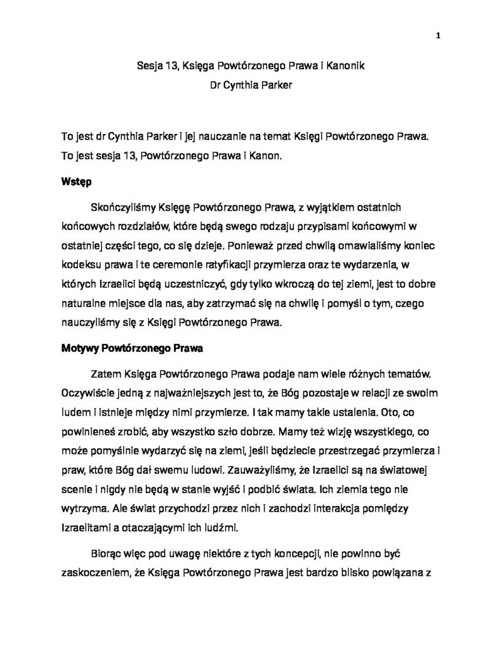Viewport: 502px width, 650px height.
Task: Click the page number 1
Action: pos(439,35)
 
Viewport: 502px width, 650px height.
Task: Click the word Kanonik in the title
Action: pos(345,65)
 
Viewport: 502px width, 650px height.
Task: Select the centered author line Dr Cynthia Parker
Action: pos(251,86)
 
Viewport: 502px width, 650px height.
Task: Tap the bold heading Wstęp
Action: pos(76,182)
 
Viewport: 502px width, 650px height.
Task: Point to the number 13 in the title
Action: pos(171,65)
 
